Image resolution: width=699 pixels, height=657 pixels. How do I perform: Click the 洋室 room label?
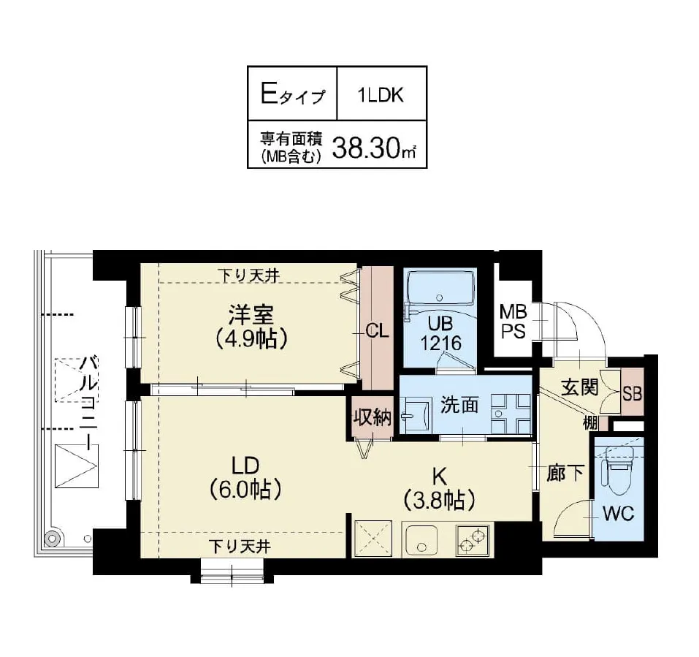point(251,316)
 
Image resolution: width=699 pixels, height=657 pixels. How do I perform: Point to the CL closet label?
point(377,330)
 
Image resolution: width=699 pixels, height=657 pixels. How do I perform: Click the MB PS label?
point(513,322)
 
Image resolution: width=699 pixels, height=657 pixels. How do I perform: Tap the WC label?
point(618,513)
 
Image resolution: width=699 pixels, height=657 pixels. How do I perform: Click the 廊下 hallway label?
point(565,474)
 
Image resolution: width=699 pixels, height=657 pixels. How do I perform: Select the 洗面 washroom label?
point(459,406)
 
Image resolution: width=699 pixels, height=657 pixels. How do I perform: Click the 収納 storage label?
point(373,417)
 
